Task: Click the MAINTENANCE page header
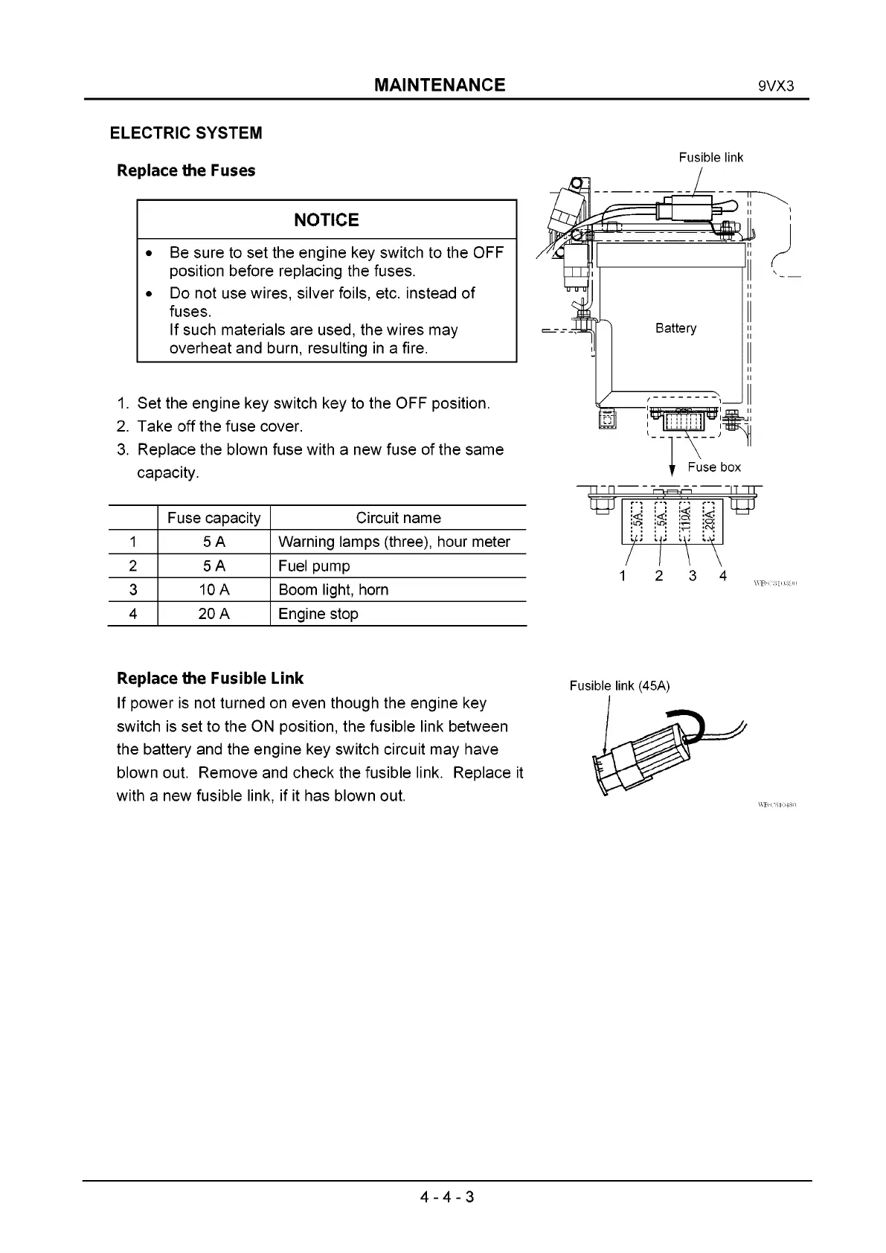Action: pos(440,85)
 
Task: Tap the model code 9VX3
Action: pos(776,86)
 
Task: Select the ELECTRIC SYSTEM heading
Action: pos(186,133)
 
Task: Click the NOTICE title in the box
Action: pos(327,219)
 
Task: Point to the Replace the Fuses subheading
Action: pos(186,170)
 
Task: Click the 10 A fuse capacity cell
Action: pos(214,590)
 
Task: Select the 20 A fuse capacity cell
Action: pos(214,614)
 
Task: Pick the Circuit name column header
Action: pos(398,518)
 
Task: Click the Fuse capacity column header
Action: pos(214,518)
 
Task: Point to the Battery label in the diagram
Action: pos(675,328)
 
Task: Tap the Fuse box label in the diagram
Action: pos(714,467)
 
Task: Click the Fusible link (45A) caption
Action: pos(620,685)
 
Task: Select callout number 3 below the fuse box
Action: pos(693,575)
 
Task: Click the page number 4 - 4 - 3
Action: pos(446,1196)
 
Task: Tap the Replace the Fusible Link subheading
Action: pos(211,679)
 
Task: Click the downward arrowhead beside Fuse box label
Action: pos(672,470)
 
